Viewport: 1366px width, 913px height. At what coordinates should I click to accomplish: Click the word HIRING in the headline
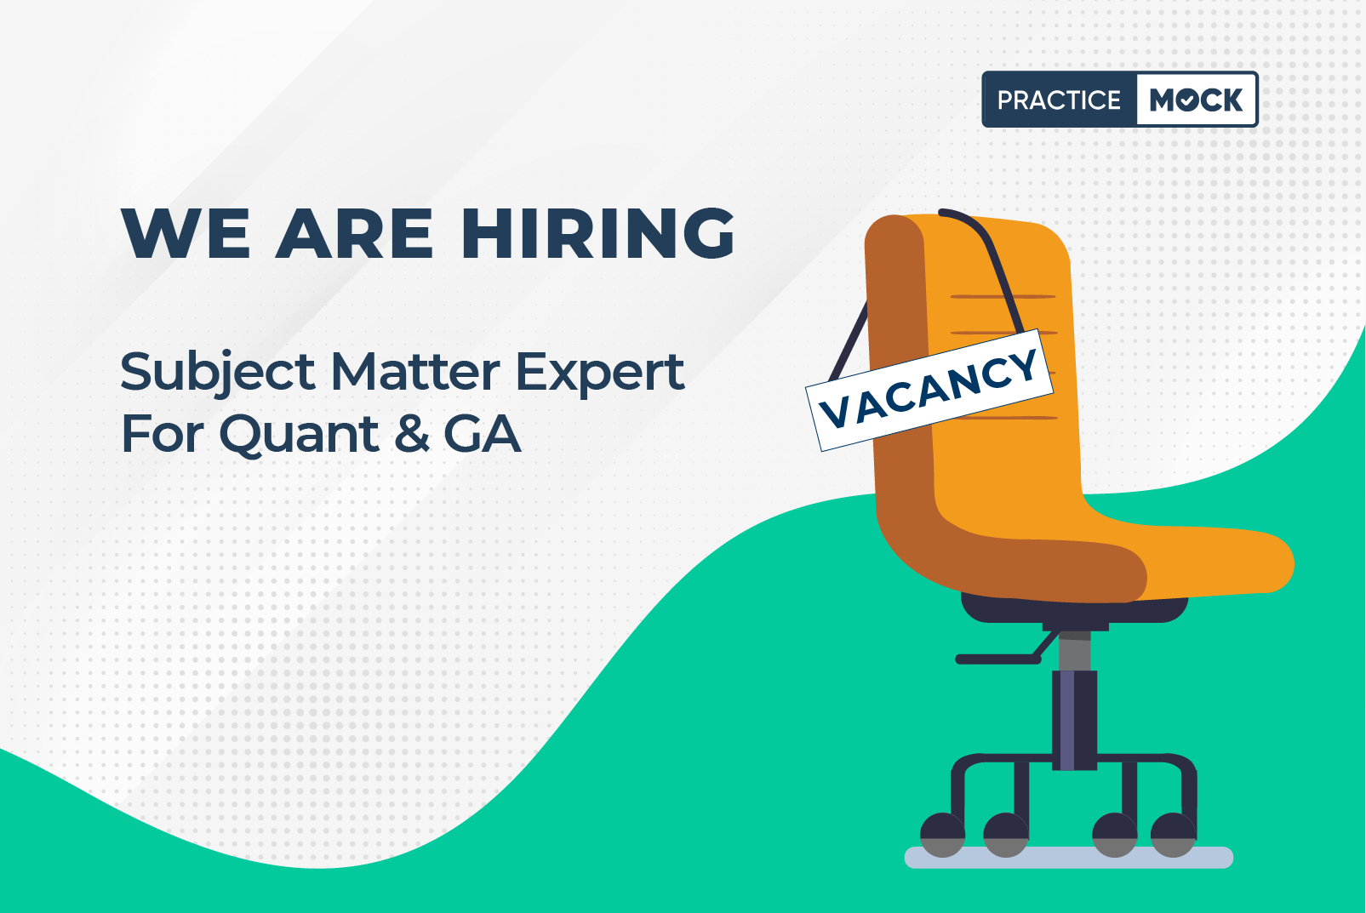coord(597,233)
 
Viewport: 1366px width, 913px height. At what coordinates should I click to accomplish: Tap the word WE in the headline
coord(186,233)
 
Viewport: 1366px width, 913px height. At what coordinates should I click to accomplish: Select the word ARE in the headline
coord(354,233)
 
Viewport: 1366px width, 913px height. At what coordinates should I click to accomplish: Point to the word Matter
coord(415,372)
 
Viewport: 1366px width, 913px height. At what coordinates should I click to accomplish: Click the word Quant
coord(299,435)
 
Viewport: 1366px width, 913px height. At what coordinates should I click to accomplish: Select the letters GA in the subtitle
coord(483,434)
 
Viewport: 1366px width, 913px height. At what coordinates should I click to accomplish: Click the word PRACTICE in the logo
coord(1059,100)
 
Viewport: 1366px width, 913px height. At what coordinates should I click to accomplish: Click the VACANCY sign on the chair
coord(929,390)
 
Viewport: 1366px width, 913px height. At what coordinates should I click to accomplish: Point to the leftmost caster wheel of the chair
coord(942,835)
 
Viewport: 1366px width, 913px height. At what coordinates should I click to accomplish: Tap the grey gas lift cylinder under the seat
coord(1075,652)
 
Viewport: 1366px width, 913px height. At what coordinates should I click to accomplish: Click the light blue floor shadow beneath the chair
coord(1068,857)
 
